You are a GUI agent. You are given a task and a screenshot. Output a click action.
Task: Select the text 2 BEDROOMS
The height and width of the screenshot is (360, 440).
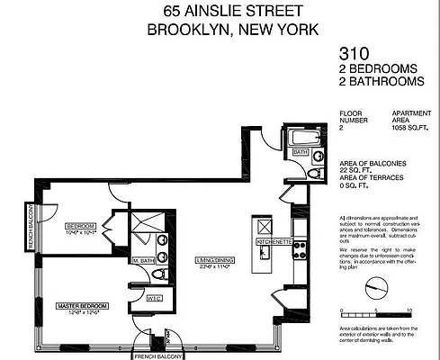[x=379, y=67]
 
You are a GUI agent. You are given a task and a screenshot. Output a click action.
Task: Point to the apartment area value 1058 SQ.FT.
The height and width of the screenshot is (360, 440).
[x=410, y=129]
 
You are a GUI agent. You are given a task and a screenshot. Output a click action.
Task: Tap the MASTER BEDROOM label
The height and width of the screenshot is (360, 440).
[x=82, y=307]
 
